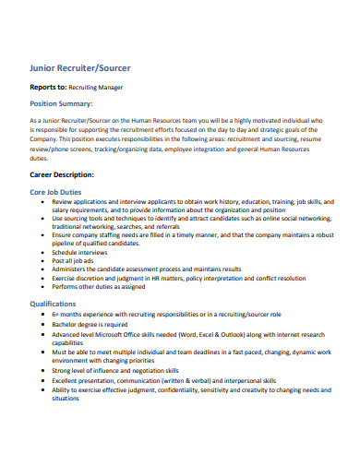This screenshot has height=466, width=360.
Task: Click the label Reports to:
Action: (x=51, y=88)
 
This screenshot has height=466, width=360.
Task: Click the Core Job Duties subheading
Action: (x=62, y=191)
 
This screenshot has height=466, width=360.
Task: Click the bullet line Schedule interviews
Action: (x=84, y=251)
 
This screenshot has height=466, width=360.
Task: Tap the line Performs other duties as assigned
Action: (x=99, y=286)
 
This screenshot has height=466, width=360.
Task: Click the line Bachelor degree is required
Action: (x=90, y=325)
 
